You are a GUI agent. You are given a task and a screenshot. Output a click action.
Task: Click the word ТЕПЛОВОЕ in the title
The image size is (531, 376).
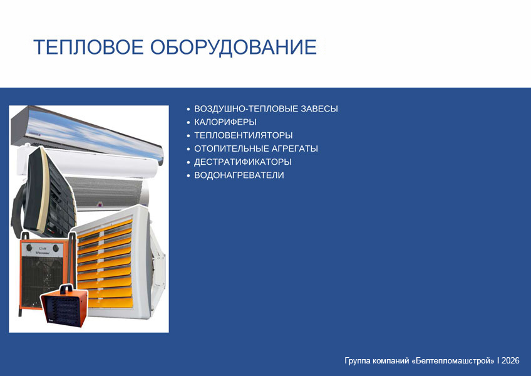[88, 47]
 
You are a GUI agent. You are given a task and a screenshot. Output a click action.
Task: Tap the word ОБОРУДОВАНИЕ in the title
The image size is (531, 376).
[234, 47]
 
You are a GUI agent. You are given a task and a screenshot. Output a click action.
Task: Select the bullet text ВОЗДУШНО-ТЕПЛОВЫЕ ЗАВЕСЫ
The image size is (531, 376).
[266, 109]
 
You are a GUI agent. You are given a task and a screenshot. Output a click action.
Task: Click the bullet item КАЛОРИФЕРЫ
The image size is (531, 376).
[225, 122]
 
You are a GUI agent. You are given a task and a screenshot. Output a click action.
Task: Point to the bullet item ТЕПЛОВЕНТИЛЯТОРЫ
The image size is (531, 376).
[243, 135]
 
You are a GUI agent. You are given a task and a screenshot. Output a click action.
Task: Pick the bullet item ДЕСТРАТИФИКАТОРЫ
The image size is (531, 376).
[242, 162]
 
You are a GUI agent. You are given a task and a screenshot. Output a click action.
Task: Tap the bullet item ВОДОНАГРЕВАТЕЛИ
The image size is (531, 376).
[239, 175]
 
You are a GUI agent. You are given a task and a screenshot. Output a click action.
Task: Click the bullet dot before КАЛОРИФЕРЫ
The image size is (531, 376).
[188, 122]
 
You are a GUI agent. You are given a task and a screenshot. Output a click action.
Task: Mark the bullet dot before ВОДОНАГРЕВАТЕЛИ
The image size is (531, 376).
[188, 175]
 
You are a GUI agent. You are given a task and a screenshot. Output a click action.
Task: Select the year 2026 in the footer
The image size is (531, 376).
[510, 360]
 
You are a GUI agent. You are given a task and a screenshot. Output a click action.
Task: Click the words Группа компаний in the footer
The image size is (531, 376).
[376, 361]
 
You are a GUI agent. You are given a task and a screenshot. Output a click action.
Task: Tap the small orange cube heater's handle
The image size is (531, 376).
[66, 288]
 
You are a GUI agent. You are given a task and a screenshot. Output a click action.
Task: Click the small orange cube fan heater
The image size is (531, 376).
[64, 306]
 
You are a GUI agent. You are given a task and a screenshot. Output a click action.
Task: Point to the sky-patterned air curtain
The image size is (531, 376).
[88, 134]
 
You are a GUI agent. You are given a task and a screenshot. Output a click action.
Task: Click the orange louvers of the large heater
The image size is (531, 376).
[105, 264]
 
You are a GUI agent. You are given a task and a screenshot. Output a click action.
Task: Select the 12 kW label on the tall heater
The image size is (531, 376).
[41, 249]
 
